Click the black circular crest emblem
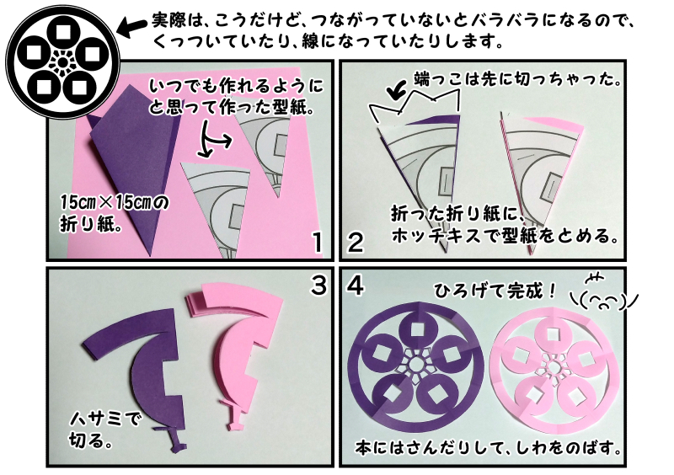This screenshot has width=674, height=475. point(58,59)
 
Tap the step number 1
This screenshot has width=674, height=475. point(317,244)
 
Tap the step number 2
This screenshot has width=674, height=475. point(356,244)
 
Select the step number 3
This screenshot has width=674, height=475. point(318,286)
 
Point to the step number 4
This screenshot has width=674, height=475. point(356,286)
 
